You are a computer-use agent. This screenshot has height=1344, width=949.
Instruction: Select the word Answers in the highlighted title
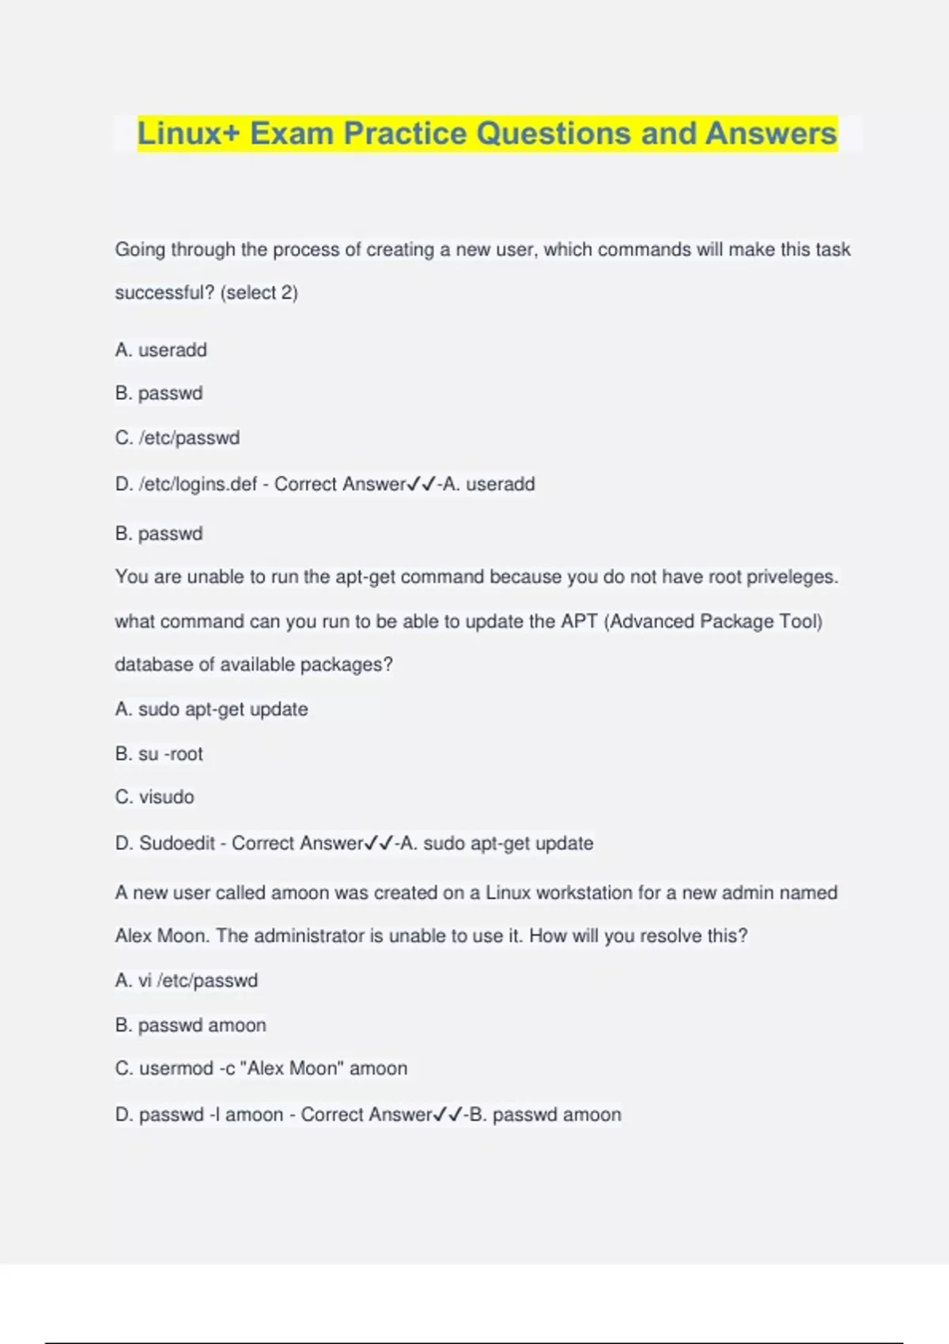point(770,134)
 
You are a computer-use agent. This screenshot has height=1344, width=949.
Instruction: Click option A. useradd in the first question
point(161,349)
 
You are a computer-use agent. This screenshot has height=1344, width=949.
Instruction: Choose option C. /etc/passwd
point(177,438)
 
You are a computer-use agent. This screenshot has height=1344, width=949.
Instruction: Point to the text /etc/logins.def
point(198,484)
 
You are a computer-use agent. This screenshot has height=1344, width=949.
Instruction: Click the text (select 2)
point(259,293)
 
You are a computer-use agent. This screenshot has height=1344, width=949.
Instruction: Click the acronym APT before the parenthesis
point(579,621)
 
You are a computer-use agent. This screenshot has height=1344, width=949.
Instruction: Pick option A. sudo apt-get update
point(211,709)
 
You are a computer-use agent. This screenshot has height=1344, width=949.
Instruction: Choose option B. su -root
point(159,754)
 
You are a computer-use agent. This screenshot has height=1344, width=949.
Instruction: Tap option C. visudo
point(154,797)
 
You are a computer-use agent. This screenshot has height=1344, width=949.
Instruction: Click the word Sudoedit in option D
point(177,844)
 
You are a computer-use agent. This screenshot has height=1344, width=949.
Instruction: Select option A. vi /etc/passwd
point(187,980)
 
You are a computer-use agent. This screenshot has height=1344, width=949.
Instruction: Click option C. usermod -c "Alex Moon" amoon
point(261,1069)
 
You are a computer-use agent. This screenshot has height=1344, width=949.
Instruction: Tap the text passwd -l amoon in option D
point(210,1115)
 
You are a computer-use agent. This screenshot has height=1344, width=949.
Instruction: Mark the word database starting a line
point(153,665)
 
